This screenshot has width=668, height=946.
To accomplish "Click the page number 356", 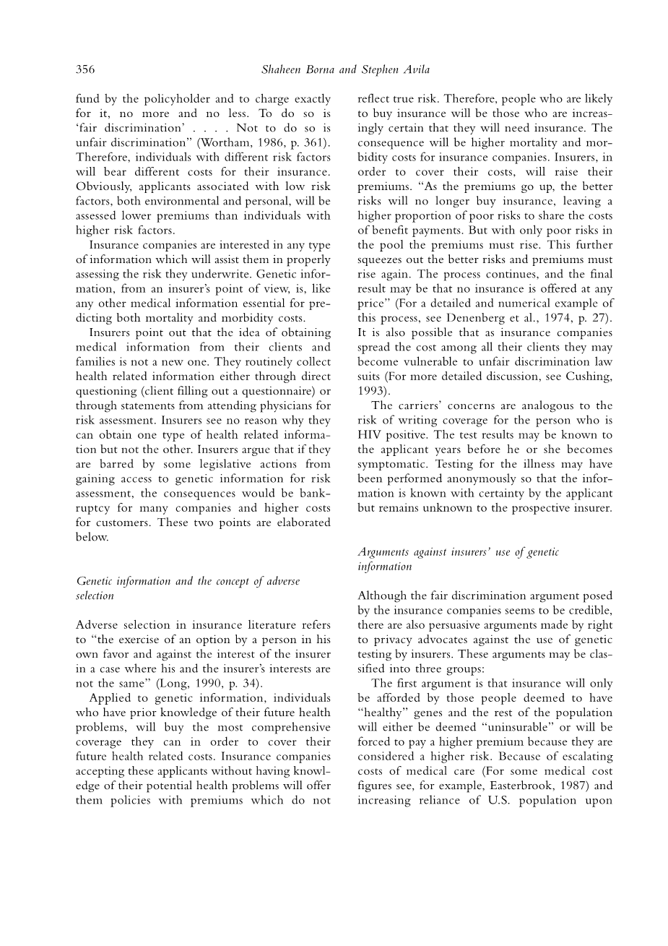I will tap(85, 69).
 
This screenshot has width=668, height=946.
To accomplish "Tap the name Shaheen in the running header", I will tap(281, 69).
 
